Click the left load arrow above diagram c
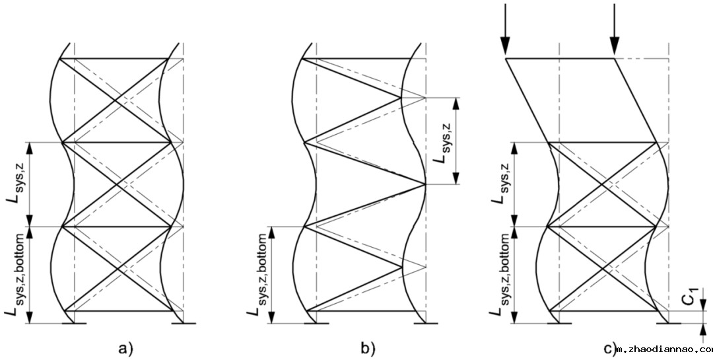(506, 30)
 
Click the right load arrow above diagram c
(615, 30)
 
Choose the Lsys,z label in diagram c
(502, 184)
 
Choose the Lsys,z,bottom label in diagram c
(502, 275)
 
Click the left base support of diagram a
(73, 323)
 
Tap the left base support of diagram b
(316, 323)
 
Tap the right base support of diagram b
(426, 323)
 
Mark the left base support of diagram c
(560, 323)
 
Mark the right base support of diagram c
(668, 323)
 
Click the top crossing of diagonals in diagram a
(117, 100)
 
